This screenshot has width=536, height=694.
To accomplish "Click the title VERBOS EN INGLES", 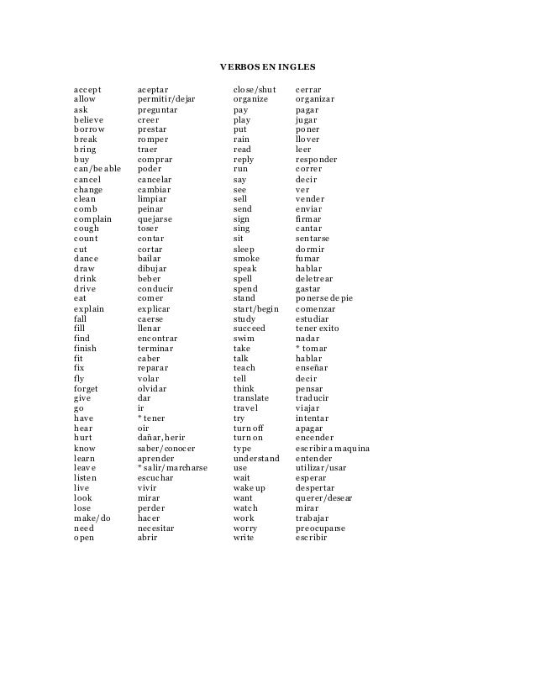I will coord(267,66).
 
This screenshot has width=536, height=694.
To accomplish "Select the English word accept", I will coord(87,89).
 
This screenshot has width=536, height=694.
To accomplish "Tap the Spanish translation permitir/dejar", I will coord(166,99).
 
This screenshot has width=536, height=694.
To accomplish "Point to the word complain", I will coord(92,219).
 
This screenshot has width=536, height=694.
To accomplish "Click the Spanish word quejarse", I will coord(155,219).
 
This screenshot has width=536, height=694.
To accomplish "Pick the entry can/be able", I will coord(97,169).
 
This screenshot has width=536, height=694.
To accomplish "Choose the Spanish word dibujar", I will coord(152,269).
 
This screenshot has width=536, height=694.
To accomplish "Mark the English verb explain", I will coord(89,309).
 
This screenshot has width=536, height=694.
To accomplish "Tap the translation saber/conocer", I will coord(166,449).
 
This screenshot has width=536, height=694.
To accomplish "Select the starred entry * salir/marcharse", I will coord(172,468).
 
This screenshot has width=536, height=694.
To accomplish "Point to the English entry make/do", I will coord(92,518).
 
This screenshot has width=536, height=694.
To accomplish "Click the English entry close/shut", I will coord(255,89).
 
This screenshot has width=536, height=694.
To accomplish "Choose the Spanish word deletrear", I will coord(314,279).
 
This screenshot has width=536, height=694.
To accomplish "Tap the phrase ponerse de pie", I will coord(324,298).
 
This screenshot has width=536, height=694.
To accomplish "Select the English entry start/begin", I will coord(255,309).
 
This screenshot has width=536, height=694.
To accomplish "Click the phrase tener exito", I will coord(318,329).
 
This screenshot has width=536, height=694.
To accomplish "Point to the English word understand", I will coord(256,458).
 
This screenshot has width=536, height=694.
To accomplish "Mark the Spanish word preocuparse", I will coord(320,528).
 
